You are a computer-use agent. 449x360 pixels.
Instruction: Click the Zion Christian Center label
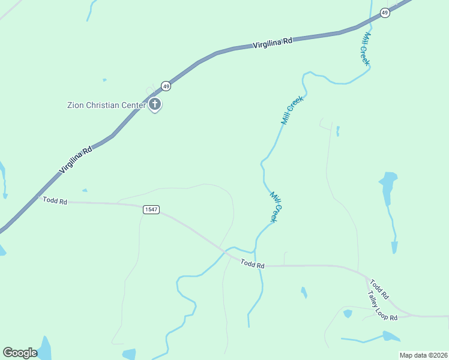pos(106,106)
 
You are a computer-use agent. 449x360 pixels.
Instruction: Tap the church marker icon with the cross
pos(155,105)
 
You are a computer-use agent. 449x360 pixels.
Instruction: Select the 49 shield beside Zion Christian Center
pos(166,86)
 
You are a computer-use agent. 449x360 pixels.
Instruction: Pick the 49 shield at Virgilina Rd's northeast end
pos(385,13)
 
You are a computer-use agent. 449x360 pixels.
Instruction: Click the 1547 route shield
pos(151,209)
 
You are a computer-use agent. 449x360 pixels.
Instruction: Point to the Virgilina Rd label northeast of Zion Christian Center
pos(272,43)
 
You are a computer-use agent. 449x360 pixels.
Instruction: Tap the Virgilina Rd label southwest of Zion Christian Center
pos(76,160)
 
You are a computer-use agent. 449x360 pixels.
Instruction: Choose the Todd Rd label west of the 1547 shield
pos(55,200)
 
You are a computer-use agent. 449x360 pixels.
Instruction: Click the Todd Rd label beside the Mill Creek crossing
pos(253,263)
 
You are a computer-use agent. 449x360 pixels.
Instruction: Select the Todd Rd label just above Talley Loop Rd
pos(379,289)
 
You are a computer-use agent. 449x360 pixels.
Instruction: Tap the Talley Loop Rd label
pos(382,305)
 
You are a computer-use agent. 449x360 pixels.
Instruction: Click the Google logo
pos(20,353)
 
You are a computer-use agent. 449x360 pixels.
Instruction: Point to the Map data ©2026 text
pos(423,355)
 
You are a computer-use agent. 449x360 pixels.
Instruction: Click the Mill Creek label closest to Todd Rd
pos(274,207)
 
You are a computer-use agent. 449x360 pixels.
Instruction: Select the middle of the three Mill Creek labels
pos(292,110)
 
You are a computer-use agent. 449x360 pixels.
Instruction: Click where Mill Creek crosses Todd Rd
pos(259,265)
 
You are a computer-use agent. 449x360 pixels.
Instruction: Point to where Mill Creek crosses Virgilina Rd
pos(370,22)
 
